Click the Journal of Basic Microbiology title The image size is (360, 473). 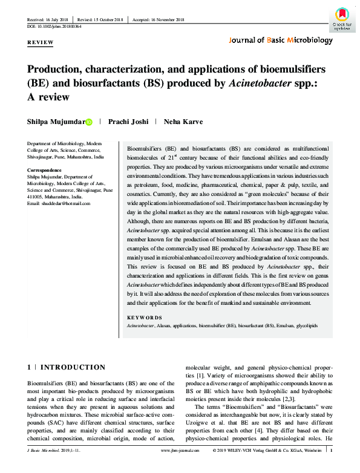[x=281, y=41]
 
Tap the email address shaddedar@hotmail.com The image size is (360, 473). [x=59, y=203]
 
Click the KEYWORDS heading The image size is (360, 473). [x=144, y=318]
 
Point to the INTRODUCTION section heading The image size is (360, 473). [x=73, y=367]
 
